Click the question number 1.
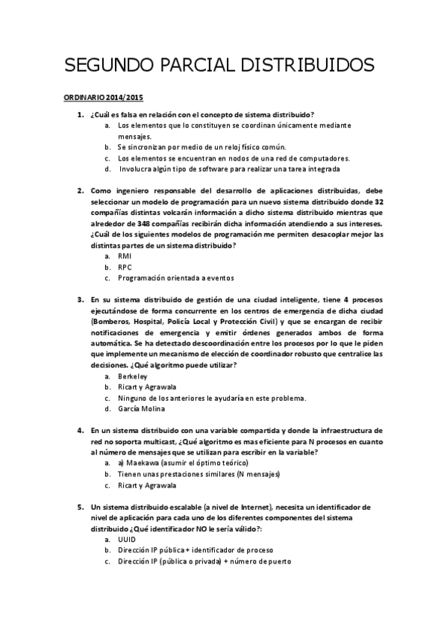point(80,115)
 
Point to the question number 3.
point(80,299)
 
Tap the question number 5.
point(80,506)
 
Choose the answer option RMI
point(125,256)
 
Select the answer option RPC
point(125,266)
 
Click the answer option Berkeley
point(133,376)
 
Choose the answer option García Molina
point(142,408)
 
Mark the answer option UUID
point(127,538)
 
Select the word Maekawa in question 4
point(146,463)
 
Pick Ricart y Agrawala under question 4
point(147,484)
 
